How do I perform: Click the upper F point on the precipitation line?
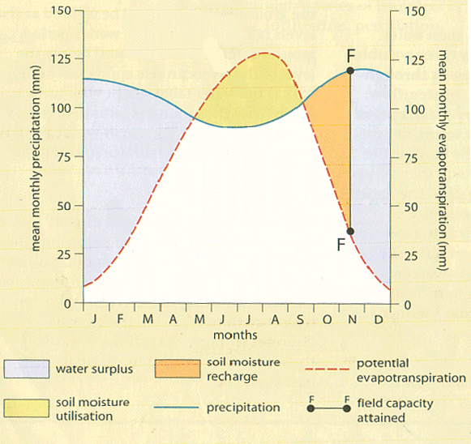[x=350, y=70]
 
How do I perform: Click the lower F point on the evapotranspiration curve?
[x=350, y=231]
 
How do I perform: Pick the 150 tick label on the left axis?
[x=62, y=11]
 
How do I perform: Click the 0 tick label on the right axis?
[x=409, y=304]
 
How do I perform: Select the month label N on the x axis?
[x=352, y=319]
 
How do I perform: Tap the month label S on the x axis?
[x=300, y=319]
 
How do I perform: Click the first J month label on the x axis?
[x=95, y=319]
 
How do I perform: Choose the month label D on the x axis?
[x=378, y=319]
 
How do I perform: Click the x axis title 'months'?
[x=236, y=334]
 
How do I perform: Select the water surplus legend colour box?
[x=27, y=369]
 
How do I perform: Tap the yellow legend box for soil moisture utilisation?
[x=27, y=408]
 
